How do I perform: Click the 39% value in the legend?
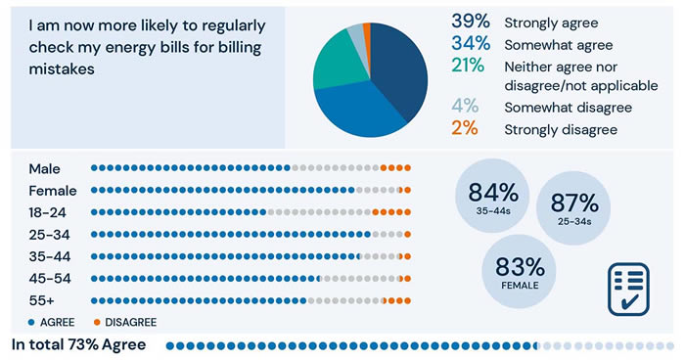click(471, 22)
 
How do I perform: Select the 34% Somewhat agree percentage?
click(471, 45)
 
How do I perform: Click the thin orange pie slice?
click(367, 28)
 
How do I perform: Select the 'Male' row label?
click(45, 168)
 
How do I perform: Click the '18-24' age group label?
click(49, 212)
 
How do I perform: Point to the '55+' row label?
click(42, 300)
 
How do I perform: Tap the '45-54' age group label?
click(50, 279)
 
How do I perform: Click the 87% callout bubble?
click(574, 207)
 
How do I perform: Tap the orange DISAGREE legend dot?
click(97, 322)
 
